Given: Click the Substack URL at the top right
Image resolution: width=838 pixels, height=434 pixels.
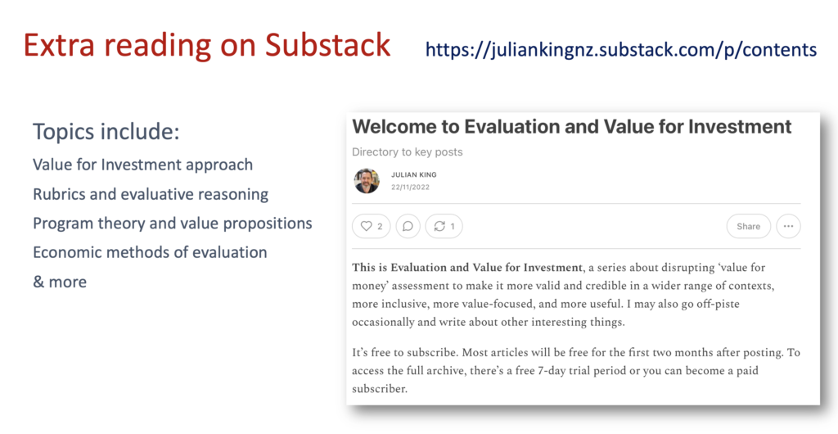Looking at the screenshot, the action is pyautogui.click(x=621, y=50).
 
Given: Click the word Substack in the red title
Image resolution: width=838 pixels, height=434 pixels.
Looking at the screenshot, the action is pyautogui.click(x=327, y=45).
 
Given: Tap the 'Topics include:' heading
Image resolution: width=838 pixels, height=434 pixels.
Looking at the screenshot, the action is pyautogui.click(x=106, y=132).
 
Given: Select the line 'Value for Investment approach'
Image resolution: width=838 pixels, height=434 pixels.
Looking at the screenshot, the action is pyautogui.click(x=142, y=165).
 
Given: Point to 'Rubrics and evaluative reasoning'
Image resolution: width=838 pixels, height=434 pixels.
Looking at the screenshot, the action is pyautogui.click(x=151, y=194).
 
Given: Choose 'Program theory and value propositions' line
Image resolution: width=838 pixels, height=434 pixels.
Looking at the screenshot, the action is pyautogui.click(x=173, y=224).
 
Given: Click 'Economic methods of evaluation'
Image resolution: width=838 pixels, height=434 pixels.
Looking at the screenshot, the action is pyautogui.click(x=151, y=252).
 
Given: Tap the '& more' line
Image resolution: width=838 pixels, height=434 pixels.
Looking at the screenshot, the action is pyautogui.click(x=60, y=282).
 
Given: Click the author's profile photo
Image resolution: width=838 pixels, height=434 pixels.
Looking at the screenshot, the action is pyautogui.click(x=367, y=181).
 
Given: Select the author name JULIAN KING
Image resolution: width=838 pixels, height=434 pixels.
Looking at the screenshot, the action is pyautogui.click(x=413, y=174).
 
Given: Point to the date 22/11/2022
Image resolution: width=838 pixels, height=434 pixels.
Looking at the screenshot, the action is pyautogui.click(x=410, y=187).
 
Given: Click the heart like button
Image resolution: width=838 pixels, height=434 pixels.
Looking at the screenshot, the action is pyautogui.click(x=372, y=226).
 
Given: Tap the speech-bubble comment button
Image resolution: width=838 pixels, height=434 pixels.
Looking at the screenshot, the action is pyautogui.click(x=408, y=226).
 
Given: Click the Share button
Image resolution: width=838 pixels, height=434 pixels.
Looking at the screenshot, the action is pyautogui.click(x=748, y=226).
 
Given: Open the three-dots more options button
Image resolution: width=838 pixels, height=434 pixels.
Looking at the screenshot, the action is pyautogui.click(x=788, y=226).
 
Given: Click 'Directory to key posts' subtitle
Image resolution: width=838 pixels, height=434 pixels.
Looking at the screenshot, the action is pyautogui.click(x=408, y=152).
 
